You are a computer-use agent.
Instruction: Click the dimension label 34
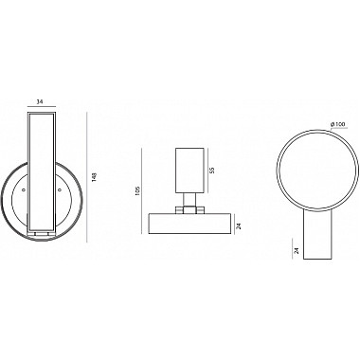click(x=40, y=101)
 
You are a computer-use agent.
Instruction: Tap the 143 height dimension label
click(x=93, y=177)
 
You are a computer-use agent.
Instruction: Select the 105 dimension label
click(x=137, y=191)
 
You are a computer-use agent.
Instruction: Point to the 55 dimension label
click(x=212, y=171)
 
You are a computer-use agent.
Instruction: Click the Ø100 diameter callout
click(x=337, y=124)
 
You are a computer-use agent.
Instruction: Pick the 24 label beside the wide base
click(x=239, y=226)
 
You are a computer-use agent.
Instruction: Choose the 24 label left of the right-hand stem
click(x=296, y=251)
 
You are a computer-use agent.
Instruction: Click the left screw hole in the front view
click(x=24, y=189)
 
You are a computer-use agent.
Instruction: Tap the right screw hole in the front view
click(x=60, y=189)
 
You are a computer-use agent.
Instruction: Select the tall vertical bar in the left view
click(x=42, y=171)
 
